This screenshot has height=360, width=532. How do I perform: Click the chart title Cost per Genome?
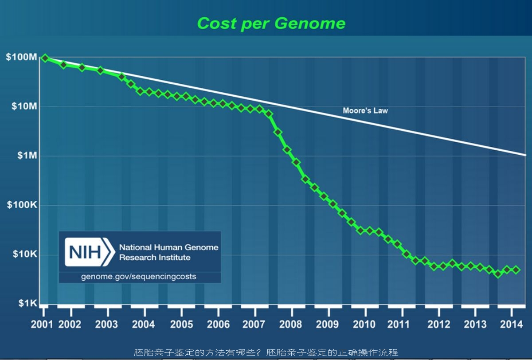pos(271,23)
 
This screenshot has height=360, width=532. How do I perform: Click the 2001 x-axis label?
pos(42,324)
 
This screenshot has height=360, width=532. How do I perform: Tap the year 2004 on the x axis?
pos(144,324)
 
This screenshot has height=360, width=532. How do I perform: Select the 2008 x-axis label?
pos(291,324)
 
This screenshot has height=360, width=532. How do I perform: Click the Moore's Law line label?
pos(365,110)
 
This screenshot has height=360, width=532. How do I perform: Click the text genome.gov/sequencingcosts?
pos(138,277)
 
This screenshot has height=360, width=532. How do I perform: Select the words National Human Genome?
pos(168,247)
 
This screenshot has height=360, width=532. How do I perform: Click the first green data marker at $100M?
pos(45,58)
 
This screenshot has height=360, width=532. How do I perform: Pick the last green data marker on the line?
pos(516,270)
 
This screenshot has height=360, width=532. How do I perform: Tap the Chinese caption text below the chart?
pos(266,353)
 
